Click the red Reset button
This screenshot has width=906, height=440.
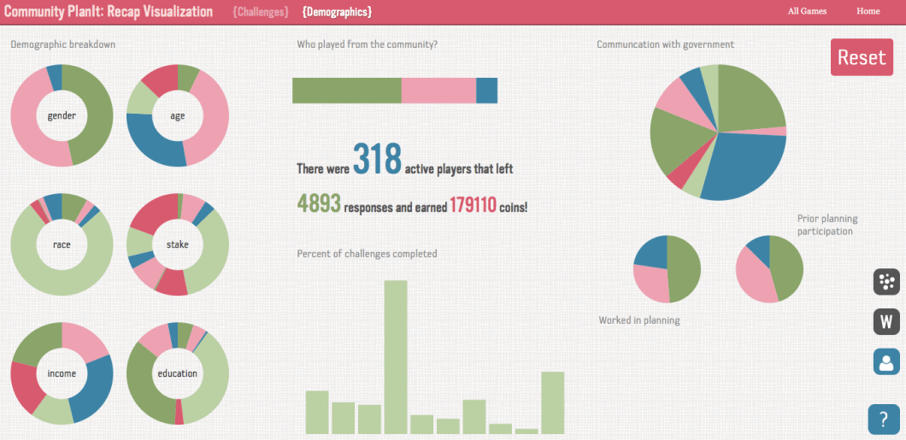coord(862,57)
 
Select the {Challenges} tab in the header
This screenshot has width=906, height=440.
coord(260,12)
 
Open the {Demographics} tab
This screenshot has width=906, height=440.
coord(337,12)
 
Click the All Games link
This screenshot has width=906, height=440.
coord(807,11)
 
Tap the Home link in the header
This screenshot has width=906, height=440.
coord(868,11)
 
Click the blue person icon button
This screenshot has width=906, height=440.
coord(886,361)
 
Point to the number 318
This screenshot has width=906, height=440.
coord(377,160)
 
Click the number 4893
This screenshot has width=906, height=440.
coord(319,203)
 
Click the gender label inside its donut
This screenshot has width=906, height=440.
coord(62,116)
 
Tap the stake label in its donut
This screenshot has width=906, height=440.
coord(178,245)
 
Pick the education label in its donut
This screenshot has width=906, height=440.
coord(178,373)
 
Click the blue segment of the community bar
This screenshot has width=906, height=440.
coord(486,91)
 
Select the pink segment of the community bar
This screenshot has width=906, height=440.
coord(438,91)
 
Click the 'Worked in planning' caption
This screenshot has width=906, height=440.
coord(639,320)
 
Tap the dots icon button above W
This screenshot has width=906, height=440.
coord(886,282)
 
